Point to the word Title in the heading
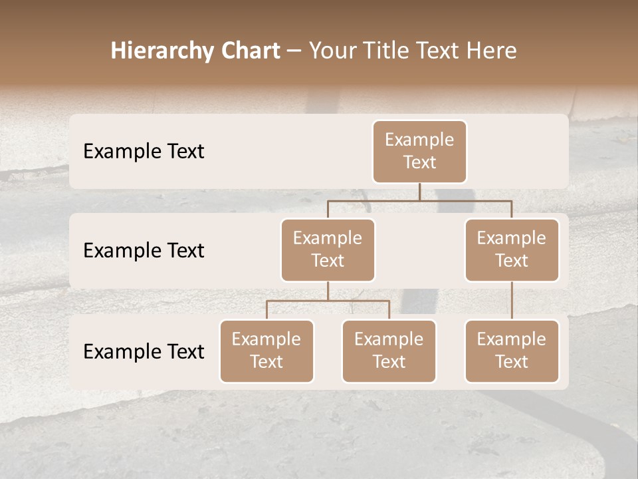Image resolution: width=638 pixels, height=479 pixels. [x=383, y=51]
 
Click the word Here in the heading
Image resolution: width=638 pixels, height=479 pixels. [x=492, y=51]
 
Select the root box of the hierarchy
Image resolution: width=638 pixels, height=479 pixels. [x=419, y=151]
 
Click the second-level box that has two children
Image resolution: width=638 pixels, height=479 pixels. [x=328, y=249]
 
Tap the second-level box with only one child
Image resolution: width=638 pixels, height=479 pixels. [x=512, y=249]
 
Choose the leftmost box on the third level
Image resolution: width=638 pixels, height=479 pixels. [x=266, y=351]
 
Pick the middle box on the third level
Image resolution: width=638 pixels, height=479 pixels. [x=389, y=351]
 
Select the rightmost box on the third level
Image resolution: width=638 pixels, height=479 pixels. [x=512, y=351]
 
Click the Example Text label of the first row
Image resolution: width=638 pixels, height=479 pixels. [x=144, y=152]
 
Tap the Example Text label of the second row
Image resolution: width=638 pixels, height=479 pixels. [x=144, y=251]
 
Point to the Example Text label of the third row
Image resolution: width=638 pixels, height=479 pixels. [x=144, y=352]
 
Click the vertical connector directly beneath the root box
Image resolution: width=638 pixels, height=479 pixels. [x=419, y=192]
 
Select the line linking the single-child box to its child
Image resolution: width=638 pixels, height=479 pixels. [x=512, y=301]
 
